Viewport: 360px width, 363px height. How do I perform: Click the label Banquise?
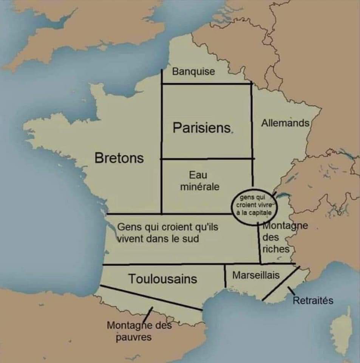pos(193,71)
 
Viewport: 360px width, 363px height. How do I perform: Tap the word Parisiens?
pos(202,128)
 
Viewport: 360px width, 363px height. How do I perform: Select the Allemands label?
pos(286,123)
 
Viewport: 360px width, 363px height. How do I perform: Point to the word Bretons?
pos(119,158)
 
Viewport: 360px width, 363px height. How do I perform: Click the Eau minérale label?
pos(199,181)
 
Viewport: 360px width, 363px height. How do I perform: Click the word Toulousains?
pos(163,279)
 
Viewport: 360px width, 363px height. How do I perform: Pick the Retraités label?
pos(313,301)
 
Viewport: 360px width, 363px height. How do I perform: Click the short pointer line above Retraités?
pos(291,292)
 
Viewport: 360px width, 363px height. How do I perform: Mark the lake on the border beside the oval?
pos(283,195)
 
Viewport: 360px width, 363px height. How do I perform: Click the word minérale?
pos(200,186)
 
